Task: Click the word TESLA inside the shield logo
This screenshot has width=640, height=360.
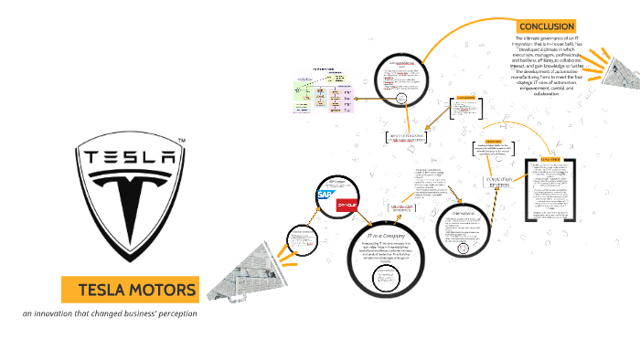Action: pyautogui.click(x=131, y=157)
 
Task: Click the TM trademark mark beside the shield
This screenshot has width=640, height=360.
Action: pyautogui.click(x=182, y=140)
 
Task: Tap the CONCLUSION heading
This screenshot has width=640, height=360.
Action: pyautogui.click(x=545, y=26)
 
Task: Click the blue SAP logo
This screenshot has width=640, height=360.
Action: pyautogui.click(x=325, y=195)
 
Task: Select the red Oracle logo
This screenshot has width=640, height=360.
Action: pyautogui.click(x=348, y=206)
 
